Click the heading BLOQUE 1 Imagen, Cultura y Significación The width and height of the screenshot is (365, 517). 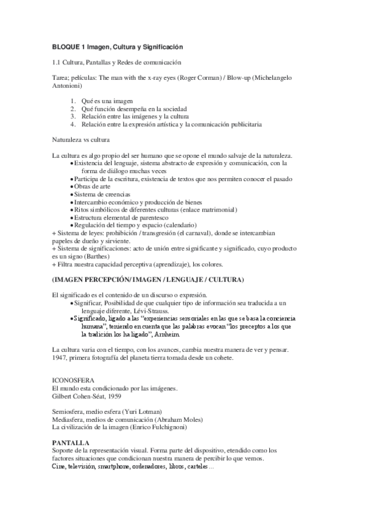pyautogui.click(x=117, y=47)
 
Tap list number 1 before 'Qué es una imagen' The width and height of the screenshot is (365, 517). pyautogui.click(x=73, y=101)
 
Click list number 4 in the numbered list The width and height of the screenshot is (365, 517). pyautogui.click(x=73, y=124)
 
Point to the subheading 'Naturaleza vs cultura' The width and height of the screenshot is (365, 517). pyautogui.click(x=80, y=140)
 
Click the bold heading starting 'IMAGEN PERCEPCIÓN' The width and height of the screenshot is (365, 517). pyautogui.click(x=148, y=280)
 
